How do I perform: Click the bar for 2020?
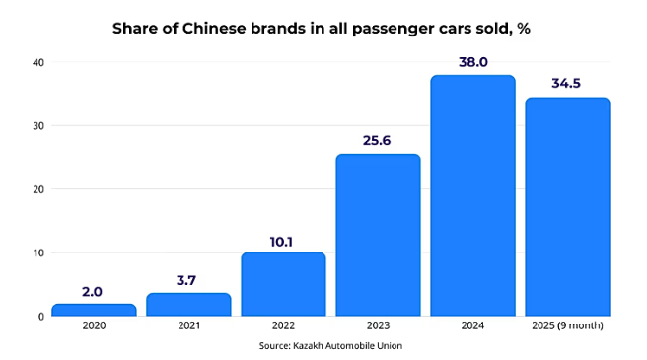click(x=94, y=310)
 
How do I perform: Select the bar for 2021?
click(x=188, y=305)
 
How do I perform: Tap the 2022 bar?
click(x=283, y=284)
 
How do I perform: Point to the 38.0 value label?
click(x=472, y=62)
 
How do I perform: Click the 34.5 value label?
click(x=567, y=84)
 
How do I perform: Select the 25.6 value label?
click(x=378, y=140)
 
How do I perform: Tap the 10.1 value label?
click(x=283, y=239)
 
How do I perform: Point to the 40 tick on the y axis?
click(x=38, y=62)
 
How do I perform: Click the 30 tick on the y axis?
click(x=38, y=125)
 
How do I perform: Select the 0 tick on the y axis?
click(x=41, y=317)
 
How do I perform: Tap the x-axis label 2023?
click(x=378, y=326)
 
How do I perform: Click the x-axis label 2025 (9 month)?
click(x=567, y=326)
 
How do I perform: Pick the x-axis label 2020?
click(x=94, y=326)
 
